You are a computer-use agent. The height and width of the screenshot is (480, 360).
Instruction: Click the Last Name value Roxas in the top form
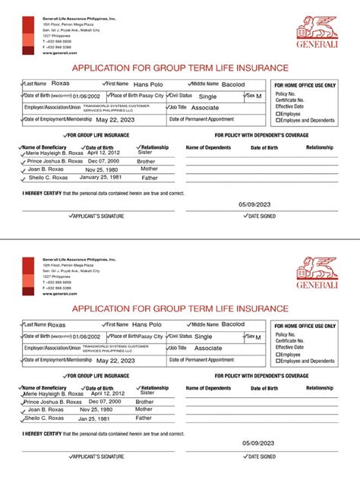click(x=60, y=84)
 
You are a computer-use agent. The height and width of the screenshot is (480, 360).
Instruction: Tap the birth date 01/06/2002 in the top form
click(x=86, y=96)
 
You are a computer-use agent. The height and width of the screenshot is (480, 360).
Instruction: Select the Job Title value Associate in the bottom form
click(x=208, y=348)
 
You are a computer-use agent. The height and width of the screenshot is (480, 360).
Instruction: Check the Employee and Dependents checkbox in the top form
click(x=277, y=120)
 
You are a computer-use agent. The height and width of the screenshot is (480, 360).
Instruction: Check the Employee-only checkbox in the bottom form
click(x=277, y=354)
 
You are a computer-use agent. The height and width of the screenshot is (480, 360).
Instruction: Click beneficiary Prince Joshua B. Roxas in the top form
click(x=55, y=161)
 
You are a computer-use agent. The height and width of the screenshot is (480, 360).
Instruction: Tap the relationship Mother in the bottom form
click(x=144, y=409)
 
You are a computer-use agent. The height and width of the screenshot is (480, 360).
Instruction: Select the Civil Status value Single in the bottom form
click(x=203, y=336)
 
